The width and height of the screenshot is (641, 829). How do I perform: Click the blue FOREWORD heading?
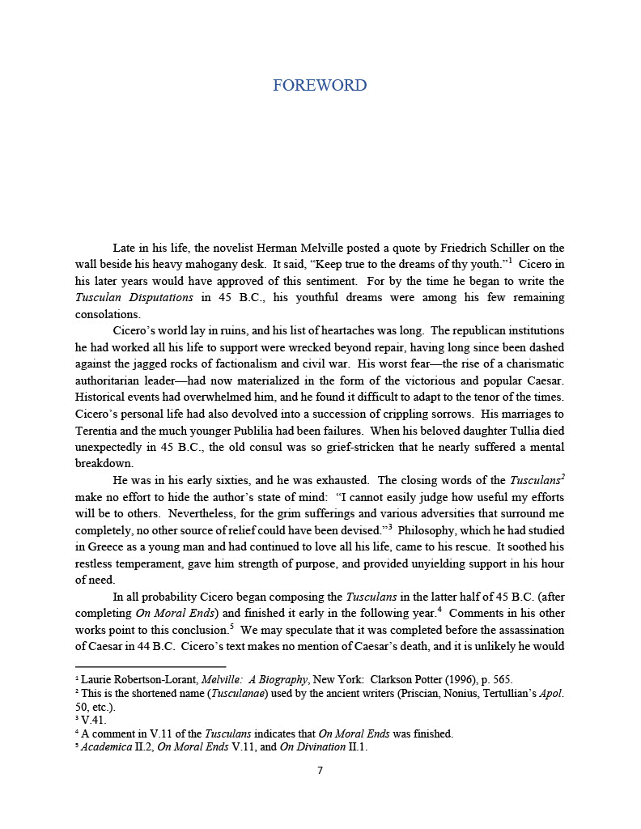pyautogui.click(x=320, y=85)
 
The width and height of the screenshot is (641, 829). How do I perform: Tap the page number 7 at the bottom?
pyautogui.click(x=320, y=770)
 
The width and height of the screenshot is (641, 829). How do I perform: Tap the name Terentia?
pyautogui.click(x=98, y=431)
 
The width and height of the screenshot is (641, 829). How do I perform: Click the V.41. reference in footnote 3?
pyautogui.click(x=93, y=720)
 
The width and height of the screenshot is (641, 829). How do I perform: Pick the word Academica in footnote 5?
pyautogui.click(x=105, y=747)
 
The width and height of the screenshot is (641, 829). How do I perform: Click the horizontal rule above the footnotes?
pyautogui.click(x=149, y=667)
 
